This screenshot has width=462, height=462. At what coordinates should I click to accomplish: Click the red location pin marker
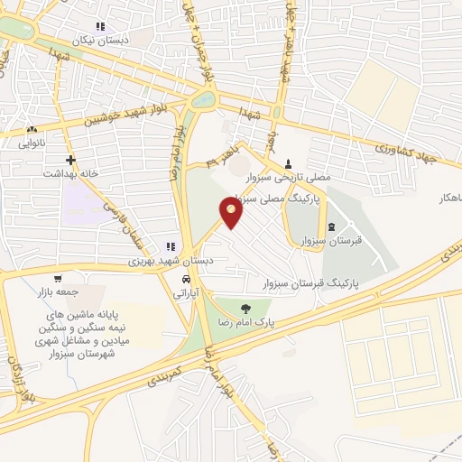click(232, 211)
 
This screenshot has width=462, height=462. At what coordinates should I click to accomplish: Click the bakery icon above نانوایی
click(32, 129)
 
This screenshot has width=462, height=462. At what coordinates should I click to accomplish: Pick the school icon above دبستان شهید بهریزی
click(170, 246)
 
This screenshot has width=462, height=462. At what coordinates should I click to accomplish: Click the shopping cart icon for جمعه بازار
click(59, 278)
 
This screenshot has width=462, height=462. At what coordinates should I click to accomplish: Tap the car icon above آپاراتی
click(186, 280)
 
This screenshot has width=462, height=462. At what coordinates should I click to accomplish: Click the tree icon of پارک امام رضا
click(245, 309)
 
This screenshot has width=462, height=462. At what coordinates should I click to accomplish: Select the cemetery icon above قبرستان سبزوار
click(332, 226)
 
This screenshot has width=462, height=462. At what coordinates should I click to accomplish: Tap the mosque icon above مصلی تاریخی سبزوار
click(289, 162)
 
